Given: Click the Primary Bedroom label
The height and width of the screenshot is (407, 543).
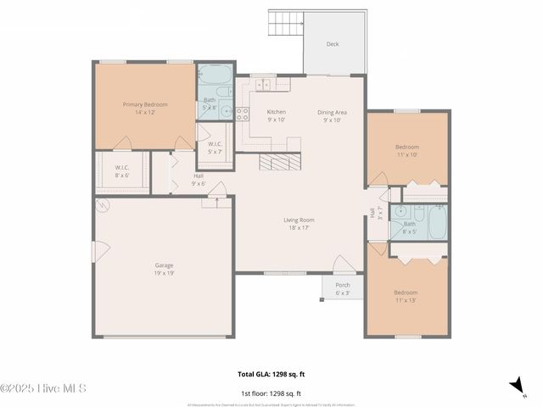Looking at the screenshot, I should [145, 104].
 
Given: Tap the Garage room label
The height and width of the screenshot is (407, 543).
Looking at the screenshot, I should [165, 265].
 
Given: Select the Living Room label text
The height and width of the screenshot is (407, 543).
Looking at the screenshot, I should [299, 220].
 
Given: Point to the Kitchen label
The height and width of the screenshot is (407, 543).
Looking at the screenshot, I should [277, 112].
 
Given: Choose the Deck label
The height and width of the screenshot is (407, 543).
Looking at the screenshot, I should [333, 44].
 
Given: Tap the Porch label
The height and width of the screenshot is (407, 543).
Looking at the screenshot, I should [342, 285].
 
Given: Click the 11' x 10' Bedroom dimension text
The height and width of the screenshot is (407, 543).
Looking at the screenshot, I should [407, 155].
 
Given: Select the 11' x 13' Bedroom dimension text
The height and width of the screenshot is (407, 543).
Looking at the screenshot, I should [406, 300].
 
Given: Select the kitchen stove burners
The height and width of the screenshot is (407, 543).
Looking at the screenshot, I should [242, 113].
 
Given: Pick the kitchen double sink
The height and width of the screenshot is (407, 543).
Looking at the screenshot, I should [264, 85].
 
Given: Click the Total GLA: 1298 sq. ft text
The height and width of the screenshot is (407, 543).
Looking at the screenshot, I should [271, 373].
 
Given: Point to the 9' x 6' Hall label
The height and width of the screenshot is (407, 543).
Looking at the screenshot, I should [199, 180].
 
